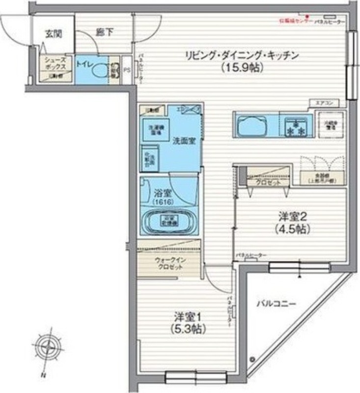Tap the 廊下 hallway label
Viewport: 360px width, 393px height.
click(104, 33)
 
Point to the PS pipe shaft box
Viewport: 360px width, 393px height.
click(127, 70)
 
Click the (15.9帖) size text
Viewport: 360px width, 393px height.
click(242, 68)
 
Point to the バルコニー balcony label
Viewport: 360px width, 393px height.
click(275, 305)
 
